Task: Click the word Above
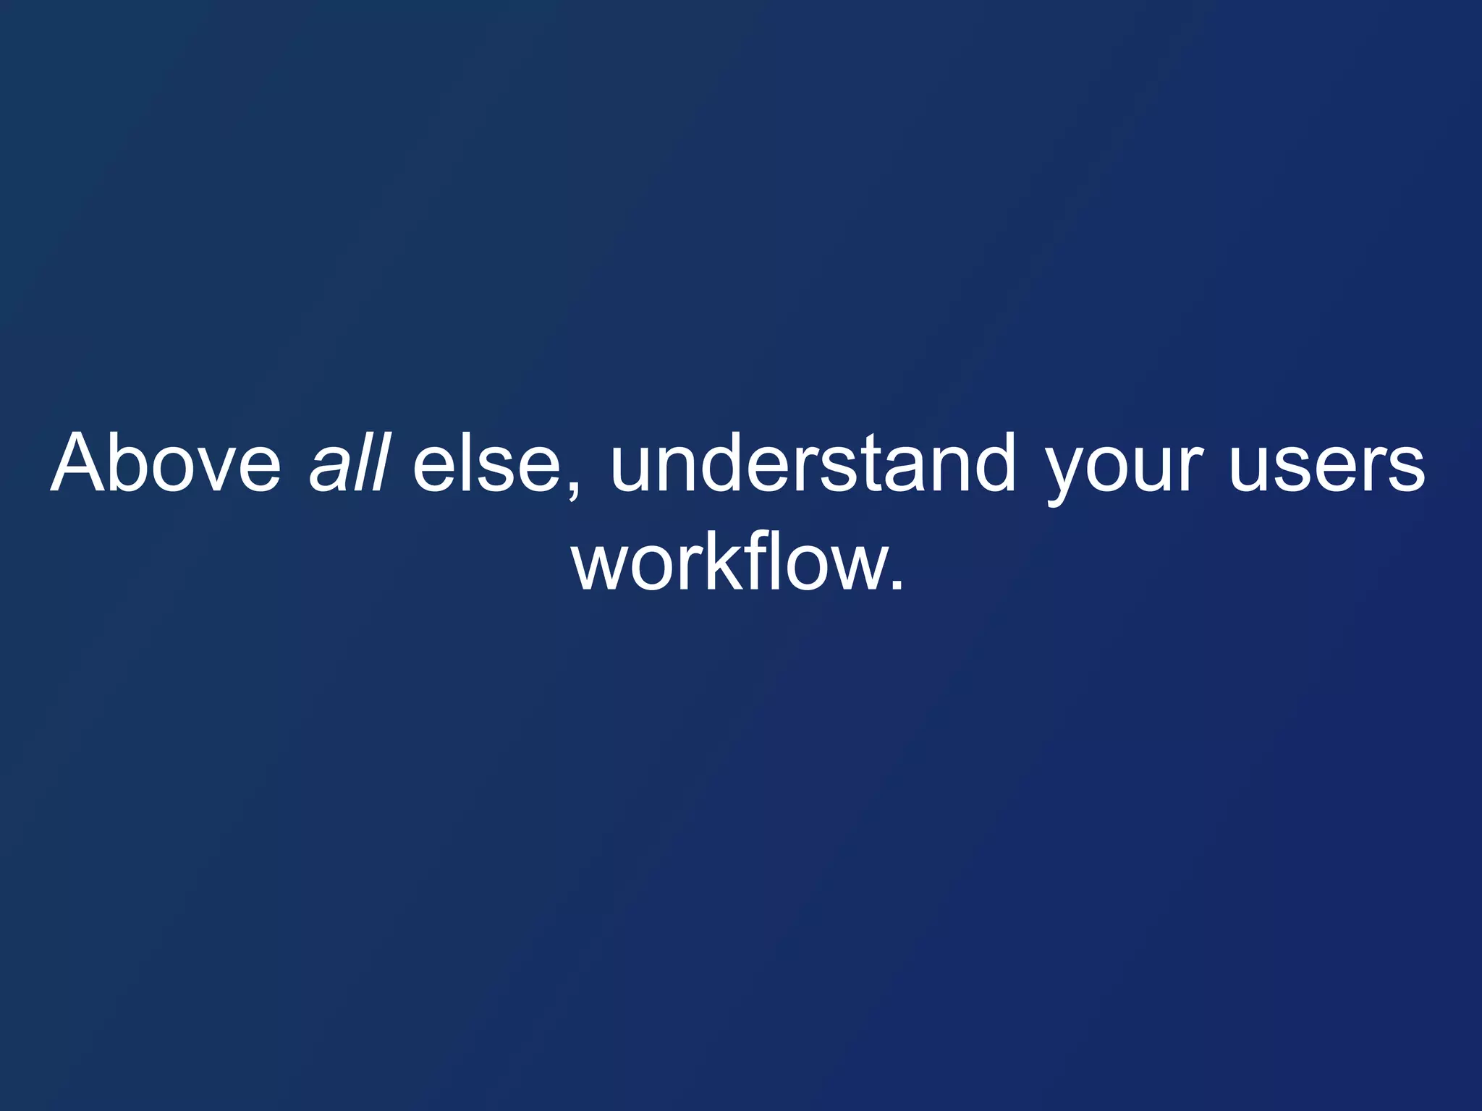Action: (x=166, y=463)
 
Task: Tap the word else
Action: (x=486, y=463)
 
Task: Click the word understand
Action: (x=813, y=463)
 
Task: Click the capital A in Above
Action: (x=81, y=463)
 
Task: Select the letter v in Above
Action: (x=217, y=470)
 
